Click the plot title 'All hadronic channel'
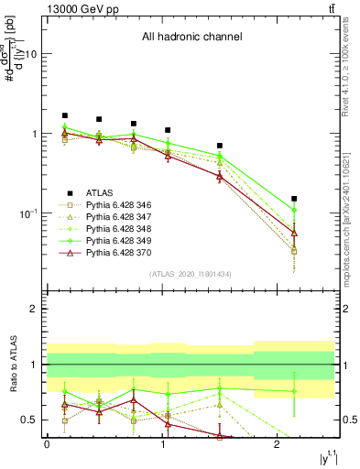[191, 37]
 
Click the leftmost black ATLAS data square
[64, 116]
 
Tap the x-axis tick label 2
[277, 444]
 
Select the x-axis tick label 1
[162, 444]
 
